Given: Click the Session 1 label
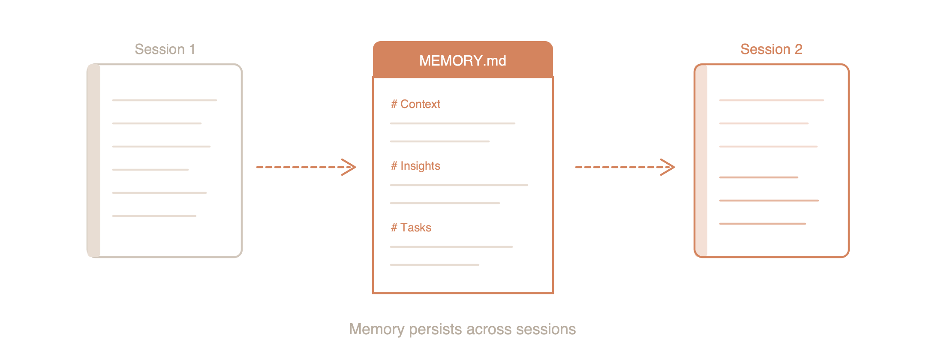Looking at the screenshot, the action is (x=165, y=49).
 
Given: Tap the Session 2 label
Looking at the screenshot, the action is (x=771, y=49).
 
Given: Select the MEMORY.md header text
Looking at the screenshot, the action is (x=463, y=61).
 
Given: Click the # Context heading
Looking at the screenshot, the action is (x=415, y=104).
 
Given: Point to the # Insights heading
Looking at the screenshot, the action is (x=415, y=166).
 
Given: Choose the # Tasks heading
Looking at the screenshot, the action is (x=411, y=228).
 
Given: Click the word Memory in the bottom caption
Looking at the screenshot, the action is (x=377, y=329).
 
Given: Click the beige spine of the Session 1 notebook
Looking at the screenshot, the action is (x=94, y=161).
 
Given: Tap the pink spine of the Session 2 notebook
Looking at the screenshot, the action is (x=701, y=161).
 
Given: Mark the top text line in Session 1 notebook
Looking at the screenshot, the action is (x=165, y=100).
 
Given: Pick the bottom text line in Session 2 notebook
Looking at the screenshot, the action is (x=763, y=224).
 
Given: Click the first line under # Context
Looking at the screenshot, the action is (x=452, y=123).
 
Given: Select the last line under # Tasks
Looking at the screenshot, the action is (x=434, y=265).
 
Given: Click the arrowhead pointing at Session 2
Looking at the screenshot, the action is (x=669, y=167).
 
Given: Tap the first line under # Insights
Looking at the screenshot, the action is (x=459, y=185).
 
